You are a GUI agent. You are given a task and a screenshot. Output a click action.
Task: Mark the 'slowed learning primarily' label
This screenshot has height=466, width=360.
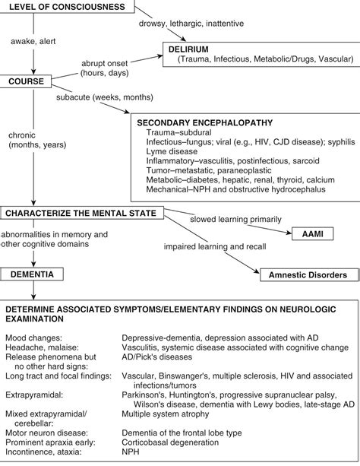(x=239, y=219)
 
